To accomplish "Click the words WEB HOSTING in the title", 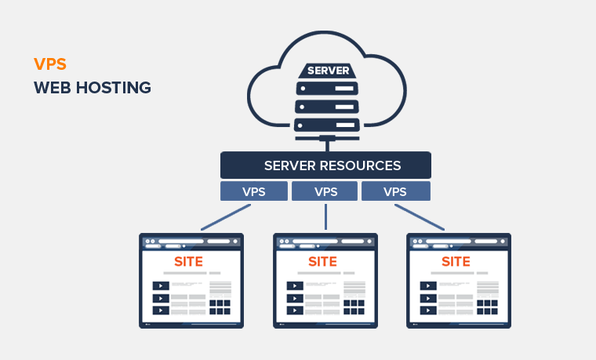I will coord(92,88).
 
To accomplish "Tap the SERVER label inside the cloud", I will coord(328,71).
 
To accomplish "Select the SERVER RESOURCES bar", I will coord(325,165).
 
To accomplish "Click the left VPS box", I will coord(253,191).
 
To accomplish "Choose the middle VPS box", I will coord(325,191).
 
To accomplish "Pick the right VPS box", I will coord(395,191).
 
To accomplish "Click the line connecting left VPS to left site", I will coord(226,217).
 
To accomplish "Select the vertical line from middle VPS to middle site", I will coord(325,217).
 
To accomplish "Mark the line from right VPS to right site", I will coord(419,217).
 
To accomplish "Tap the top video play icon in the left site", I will coord(160,285).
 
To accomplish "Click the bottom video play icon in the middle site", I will coord(294,311).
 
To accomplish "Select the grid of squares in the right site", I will coord(488,307).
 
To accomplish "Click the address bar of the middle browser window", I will coord(317,241).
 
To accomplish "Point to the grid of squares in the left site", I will coord(220,307).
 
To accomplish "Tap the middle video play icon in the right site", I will coord(427,298).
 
